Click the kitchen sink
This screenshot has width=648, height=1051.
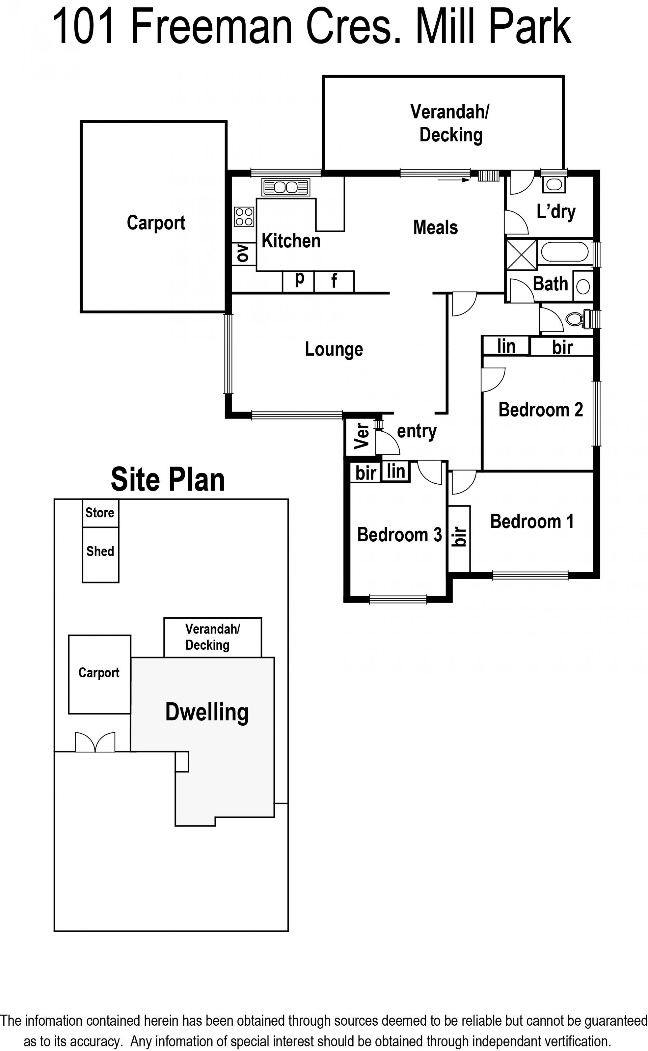pos(286,187)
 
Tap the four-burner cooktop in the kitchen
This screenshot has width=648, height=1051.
pos(244,216)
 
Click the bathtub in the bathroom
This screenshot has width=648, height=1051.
pos(564,252)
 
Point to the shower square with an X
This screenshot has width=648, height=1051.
pos(521,254)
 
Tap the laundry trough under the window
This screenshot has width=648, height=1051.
pos(554,185)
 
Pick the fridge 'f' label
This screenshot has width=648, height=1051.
pos(334,281)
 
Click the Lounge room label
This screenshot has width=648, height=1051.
pos(334,349)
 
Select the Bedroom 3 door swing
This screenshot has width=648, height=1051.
pos(429,473)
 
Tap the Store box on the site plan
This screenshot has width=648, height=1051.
pos(100,513)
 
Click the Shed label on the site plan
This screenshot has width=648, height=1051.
pos(100,551)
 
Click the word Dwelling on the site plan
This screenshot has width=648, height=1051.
pos(207,712)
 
